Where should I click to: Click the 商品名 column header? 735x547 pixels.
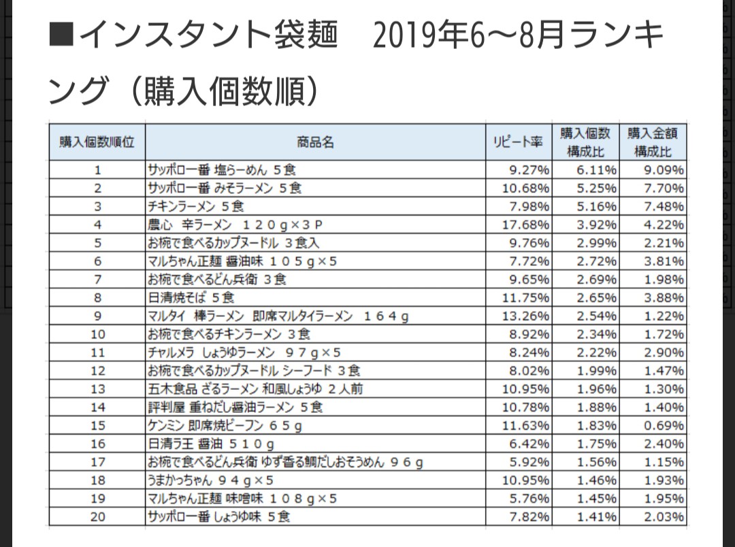tap(315, 142)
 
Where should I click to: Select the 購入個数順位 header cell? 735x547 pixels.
tap(97, 142)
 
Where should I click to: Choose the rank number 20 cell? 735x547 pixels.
tap(97, 517)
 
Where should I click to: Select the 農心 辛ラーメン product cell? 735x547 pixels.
tap(235, 225)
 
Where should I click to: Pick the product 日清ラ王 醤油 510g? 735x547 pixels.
tap(211, 444)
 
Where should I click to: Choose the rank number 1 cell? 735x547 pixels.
tap(97, 169)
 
